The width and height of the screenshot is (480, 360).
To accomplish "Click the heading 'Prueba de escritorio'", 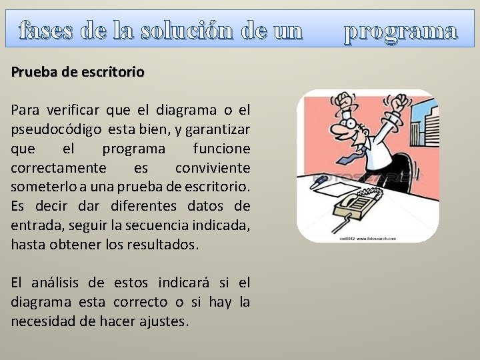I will [x=77, y=71].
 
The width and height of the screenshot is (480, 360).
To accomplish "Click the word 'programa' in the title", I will [x=401, y=31].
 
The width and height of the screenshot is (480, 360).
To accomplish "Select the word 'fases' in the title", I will [x=47, y=31].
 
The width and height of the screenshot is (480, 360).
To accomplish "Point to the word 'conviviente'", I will [x=213, y=167].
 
